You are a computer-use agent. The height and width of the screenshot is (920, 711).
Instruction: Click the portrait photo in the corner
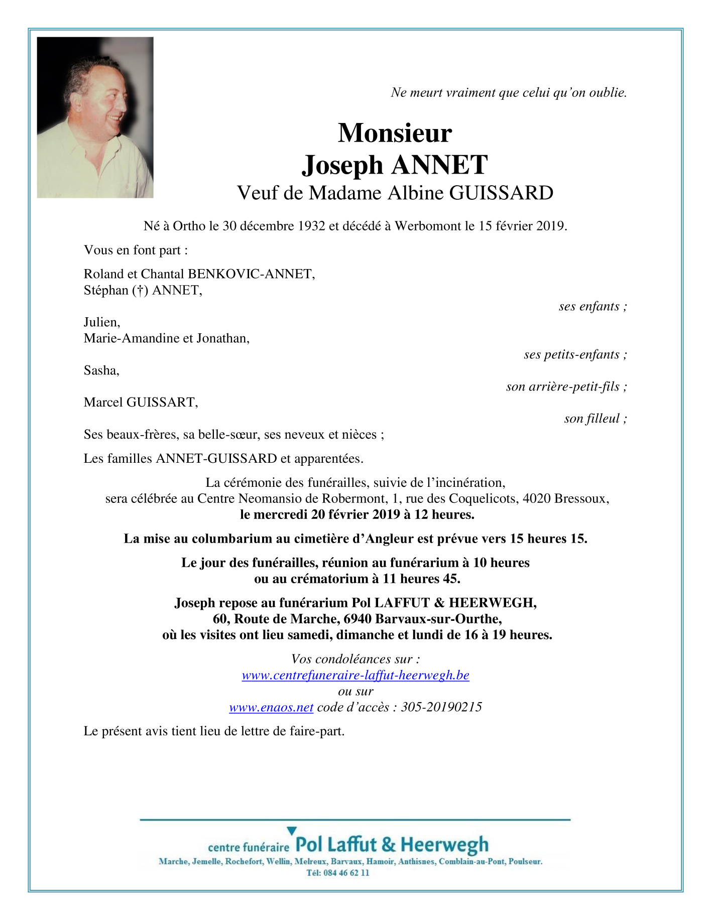[x=95, y=117]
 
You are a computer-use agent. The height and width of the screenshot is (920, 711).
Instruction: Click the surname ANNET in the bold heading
[x=439, y=165]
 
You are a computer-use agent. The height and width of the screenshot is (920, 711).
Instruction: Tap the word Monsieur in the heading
[x=395, y=133]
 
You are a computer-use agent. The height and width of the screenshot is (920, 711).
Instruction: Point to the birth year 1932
[x=311, y=226]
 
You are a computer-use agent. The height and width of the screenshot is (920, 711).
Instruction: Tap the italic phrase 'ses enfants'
[x=589, y=306]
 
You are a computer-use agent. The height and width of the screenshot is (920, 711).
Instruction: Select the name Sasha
[x=101, y=370]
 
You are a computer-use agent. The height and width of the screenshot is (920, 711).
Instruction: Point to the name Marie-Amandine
[x=132, y=338]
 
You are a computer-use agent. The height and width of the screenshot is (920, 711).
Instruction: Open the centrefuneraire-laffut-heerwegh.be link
[x=355, y=676]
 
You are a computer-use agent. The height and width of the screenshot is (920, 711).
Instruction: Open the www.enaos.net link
[x=271, y=708]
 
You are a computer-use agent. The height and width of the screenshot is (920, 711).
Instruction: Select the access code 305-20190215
[x=441, y=708]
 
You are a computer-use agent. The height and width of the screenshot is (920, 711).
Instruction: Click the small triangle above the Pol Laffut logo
[x=291, y=831]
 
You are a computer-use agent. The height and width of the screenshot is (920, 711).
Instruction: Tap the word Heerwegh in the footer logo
[x=444, y=845]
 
